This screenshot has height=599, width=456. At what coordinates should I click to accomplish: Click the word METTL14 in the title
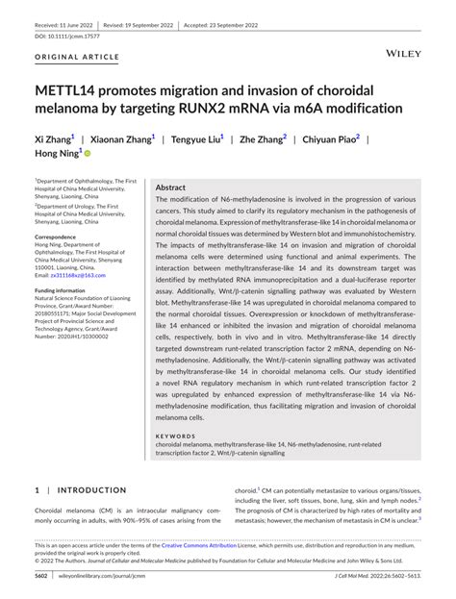pos(70,89)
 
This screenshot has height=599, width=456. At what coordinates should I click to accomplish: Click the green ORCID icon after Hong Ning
pos(88,154)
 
